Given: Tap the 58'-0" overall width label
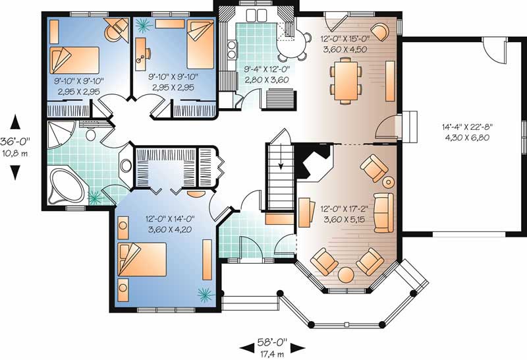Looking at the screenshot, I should (x=271, y=344).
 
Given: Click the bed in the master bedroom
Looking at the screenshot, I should (x=141, y=261).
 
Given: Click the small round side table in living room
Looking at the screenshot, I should (x=389, y=182).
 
